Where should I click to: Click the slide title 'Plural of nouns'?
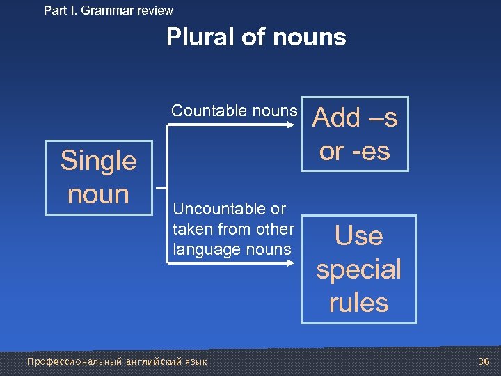point(256,37)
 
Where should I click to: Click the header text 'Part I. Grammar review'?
point(108,10)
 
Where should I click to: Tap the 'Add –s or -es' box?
point(355,134)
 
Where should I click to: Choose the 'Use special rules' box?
point(358,269)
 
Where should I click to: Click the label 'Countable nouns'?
point(234,111)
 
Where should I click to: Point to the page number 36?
point(484,361)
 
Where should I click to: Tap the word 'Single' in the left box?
point(98,161)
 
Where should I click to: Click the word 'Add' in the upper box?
point(337,118)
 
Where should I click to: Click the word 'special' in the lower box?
point(358,269)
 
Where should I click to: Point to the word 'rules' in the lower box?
point(358,302)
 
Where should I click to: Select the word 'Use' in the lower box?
point(358,236)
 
